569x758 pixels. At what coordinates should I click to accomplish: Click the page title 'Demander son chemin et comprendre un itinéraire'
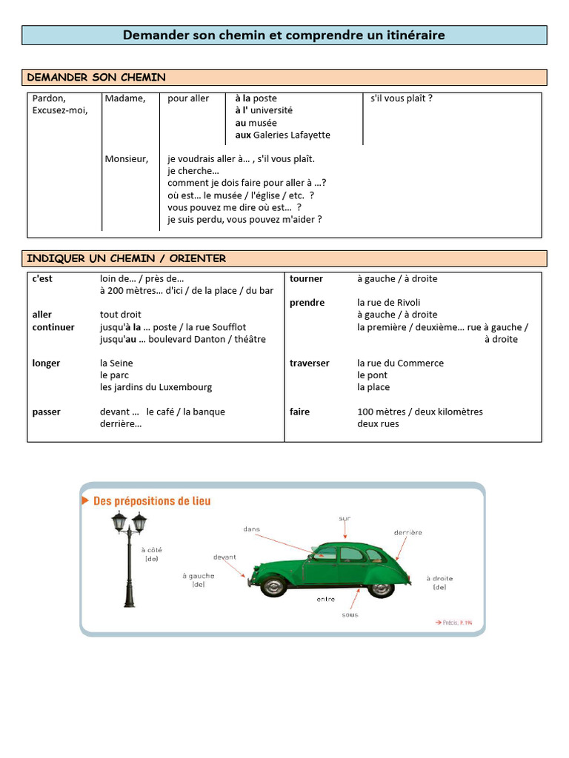pyautogui.click(x=284, y=35)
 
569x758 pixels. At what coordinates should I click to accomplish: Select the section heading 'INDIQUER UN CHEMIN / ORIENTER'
pyautogui.click(x=126, y=258)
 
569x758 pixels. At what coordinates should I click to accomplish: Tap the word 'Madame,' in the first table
pyautogui.click(x=125, y=98)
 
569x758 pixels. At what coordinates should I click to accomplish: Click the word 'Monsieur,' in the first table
pyautogui.click(x=127, y=158)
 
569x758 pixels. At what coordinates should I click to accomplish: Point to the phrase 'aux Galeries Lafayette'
pyautogui.click(x=282, y=135)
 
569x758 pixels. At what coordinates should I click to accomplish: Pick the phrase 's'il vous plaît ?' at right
pyautogui.click(x=401, y=98)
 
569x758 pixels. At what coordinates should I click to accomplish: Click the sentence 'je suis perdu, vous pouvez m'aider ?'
pyautogui.click(x=244, y=219)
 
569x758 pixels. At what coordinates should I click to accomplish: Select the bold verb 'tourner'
pyautogui.click(x=306, y=278)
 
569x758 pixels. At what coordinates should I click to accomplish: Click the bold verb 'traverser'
pyautogui.click(x=309, y=363)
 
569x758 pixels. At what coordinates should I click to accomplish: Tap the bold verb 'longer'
pyautogui.click(x=46, y=363)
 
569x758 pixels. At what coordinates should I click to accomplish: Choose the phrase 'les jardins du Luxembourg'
pyautogui.click(x=156, y=387)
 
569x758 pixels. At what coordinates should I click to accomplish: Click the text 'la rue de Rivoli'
pyautogui.click(x=388, y=302)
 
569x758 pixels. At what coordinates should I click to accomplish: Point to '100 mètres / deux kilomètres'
pyautogui.click(x=419, y=412)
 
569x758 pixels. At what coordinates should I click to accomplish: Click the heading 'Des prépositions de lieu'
pyautogui.click(x=152, y=501)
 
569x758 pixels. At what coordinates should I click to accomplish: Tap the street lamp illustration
pyautogui.click(x=129, y=555)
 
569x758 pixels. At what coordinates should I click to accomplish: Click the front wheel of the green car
pyautogui.click(x=273, y=586)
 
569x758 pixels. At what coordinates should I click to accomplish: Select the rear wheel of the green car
pyautogui.click(x=381, y=588)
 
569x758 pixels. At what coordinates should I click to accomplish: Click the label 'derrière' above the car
pyautogui.click(x=407, y=532)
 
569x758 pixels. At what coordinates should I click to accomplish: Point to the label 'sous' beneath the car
pyautogui.click(x=350, y=614)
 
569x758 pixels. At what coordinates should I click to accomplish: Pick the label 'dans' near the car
pyautogui.click(x=252, y=529)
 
